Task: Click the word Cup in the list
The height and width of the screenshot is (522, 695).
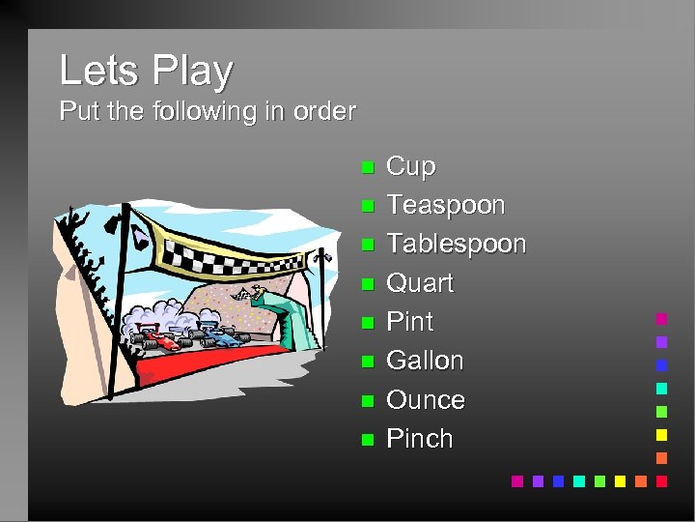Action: click(x=410, y=166)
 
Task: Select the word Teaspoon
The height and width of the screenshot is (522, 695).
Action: click(x=445, y=205)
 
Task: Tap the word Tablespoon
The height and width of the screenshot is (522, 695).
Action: click(x=456, y=244)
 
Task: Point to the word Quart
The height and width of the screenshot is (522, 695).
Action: click(x=419, y=283)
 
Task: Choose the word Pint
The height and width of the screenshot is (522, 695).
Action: click(x=409, y=322)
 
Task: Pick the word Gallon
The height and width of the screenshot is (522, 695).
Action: click(x=425, y=361)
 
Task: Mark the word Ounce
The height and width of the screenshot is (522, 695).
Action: click(x=425, y=399)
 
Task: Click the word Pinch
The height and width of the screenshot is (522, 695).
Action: click(x=419, y=438)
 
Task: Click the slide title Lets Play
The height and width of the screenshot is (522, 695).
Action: click(x=146, y=71)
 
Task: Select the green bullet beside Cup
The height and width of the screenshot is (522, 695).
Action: click(x=367, y=168)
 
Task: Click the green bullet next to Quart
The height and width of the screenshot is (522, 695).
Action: click(x=367, y=285)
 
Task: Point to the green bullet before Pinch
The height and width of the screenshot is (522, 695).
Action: click(x=367, y=440)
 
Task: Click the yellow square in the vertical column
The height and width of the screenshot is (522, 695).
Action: click(x=662, y=434)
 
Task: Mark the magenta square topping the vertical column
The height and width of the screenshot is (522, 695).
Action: click(x=662, y=318)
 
